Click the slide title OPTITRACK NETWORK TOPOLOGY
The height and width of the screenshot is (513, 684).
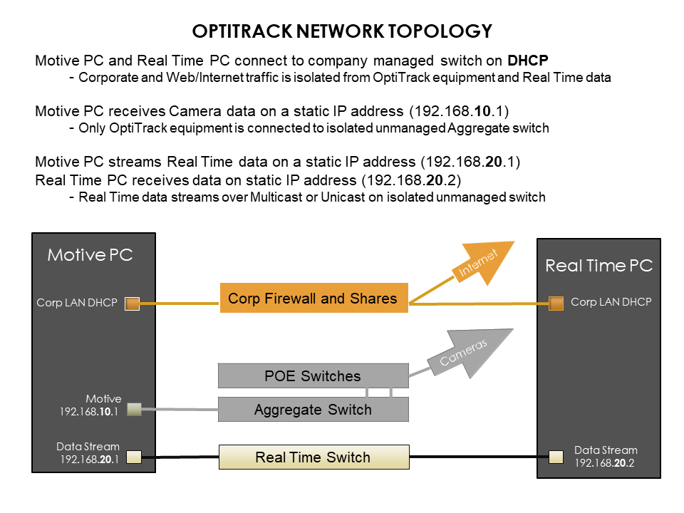pos(342,31)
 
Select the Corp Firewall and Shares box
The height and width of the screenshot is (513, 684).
pos(313,299)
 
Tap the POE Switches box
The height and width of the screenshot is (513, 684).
pos(313,375)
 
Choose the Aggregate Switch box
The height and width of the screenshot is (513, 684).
pos(313,410)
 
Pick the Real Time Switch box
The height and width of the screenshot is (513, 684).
pos(313,457)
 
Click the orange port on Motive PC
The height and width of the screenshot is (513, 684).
pos(132,304)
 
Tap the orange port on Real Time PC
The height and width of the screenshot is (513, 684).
pos(556,304)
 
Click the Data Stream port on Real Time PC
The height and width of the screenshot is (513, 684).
pos(556,457)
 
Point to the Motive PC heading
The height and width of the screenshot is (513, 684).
pos(90,254)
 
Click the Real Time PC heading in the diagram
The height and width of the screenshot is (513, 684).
pos(598,266)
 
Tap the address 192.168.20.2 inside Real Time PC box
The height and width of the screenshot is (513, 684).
pos(606,462)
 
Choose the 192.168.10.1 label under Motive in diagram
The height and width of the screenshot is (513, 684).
pos(91,411)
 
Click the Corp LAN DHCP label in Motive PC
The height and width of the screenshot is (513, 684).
pos(77,303)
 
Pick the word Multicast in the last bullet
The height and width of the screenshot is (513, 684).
pos(275,197)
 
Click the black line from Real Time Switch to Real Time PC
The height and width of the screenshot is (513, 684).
pos(473,457)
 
